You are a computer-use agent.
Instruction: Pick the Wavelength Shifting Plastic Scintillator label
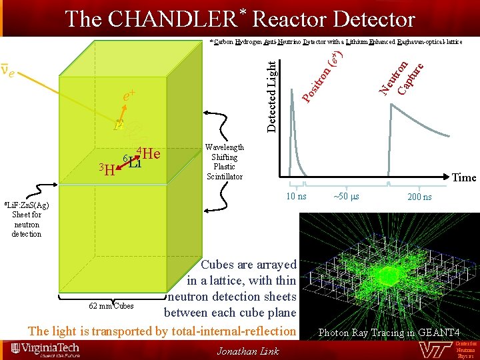coord(225,162)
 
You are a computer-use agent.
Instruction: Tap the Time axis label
coord(464,177)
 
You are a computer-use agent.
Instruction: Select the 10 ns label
coord(296,196)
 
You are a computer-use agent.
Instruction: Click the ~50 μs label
coord(346,197)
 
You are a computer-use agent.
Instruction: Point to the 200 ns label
coord(419,197)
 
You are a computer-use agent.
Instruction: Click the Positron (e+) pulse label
coord(323,77)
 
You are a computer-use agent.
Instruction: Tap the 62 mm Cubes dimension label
coord(111,306)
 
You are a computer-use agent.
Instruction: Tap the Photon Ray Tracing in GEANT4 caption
coord(389,332)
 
